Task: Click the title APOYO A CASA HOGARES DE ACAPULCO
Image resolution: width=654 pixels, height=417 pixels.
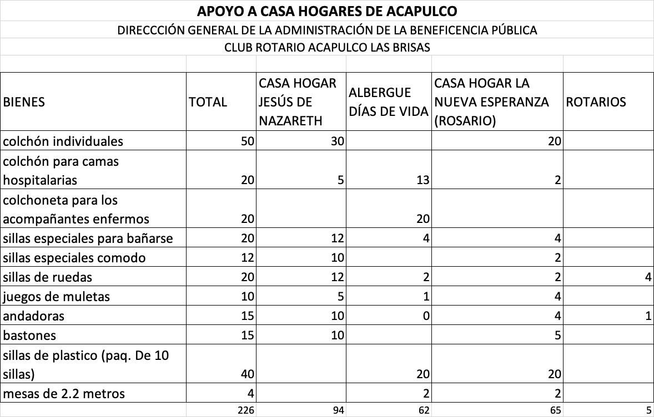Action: [327, 11]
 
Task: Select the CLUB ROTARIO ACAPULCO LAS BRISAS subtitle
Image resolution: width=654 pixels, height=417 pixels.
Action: [327, 47]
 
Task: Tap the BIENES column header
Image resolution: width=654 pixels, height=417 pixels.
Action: [24, 102]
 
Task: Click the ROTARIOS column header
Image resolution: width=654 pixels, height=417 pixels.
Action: [595, 102]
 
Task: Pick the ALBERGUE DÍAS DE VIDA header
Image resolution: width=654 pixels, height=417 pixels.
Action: [388, 102]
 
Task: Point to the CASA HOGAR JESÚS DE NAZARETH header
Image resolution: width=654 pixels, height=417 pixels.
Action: [298, 102]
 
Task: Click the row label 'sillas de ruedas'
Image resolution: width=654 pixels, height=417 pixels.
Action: [47, 277]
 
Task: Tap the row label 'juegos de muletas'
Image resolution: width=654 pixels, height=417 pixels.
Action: [56, 297]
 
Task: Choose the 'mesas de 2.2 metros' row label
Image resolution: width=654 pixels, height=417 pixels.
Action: [64, 394]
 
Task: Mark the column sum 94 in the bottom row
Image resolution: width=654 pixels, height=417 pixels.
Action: [336, 410]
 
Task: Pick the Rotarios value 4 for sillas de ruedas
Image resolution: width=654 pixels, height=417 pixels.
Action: [648, 277]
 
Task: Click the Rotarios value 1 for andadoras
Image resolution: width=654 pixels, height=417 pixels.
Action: [648, 316]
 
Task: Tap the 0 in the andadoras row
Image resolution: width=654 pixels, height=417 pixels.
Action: [425, 316]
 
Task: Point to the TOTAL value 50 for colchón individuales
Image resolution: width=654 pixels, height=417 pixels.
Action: [248, 141]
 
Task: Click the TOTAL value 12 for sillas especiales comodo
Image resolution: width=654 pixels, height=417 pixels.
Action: [248, 258]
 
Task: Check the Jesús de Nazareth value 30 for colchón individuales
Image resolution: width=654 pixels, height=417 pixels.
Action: [338, 141]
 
